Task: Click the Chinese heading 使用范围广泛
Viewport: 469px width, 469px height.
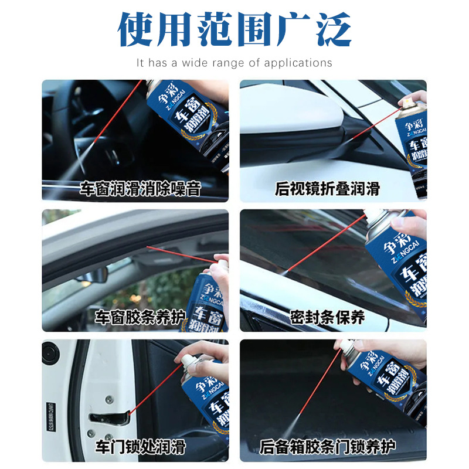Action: point(235,29)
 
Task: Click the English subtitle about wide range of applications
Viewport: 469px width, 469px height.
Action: point(235,63)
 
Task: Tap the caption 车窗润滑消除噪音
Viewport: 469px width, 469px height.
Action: point(141,189)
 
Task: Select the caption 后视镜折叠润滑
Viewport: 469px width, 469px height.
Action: point(327,189)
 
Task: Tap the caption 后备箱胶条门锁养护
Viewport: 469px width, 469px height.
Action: point(327,447)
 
